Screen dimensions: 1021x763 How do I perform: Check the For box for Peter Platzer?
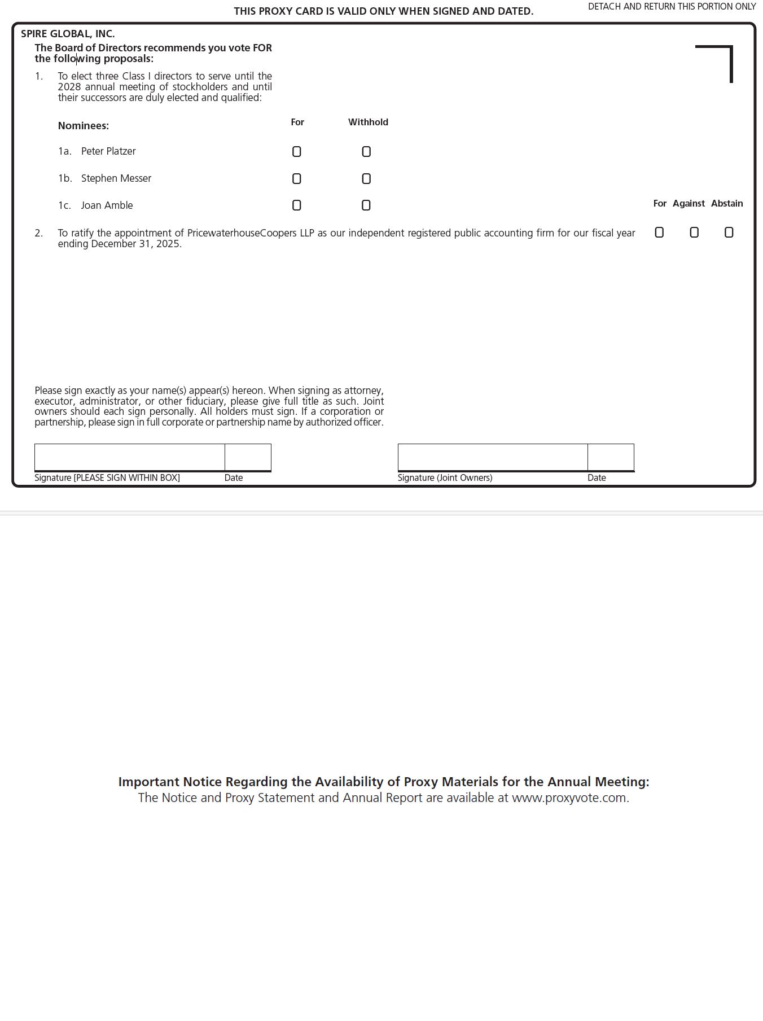coord(297,152)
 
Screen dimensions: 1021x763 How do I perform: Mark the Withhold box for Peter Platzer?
coord(366,152)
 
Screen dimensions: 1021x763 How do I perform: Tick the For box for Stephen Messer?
coord(297,179)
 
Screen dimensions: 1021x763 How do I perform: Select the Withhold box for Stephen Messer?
coord(366,179)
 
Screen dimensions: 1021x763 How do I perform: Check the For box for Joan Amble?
coord(297,205)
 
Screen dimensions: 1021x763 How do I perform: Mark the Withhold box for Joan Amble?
coord(366,205)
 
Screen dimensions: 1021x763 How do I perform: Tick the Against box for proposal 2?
coord(694,233)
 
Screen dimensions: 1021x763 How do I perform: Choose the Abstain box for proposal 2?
coord(729,233)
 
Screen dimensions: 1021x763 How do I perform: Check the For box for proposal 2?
coord(659,233)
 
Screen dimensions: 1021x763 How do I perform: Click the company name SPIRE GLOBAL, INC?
coord(68,34)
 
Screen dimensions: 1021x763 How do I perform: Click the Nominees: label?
coord(84,126)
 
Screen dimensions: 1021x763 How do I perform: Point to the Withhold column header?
coord(368,122)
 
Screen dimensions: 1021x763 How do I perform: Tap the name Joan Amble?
coord(107,205)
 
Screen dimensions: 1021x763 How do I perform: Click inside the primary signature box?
coord(129,457)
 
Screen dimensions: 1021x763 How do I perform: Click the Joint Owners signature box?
coord(493,457)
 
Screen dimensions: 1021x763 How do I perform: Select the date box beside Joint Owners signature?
coord(611,457)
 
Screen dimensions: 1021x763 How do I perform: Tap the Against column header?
coord(689,203)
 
